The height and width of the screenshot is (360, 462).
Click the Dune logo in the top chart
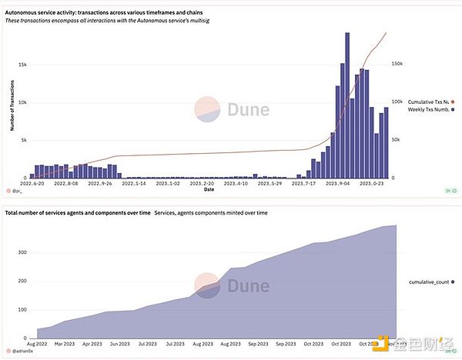231,109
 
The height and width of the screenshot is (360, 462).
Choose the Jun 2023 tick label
119,343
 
